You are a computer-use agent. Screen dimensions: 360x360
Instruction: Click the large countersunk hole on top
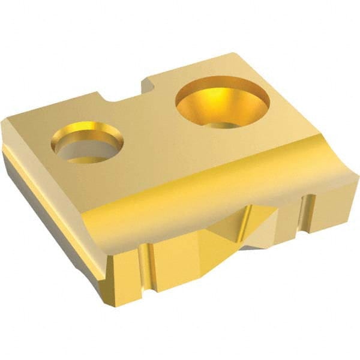[222, 102]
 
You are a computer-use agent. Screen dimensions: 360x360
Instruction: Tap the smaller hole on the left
[87, 142]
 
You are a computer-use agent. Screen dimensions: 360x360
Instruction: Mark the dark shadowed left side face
[48, 204]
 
